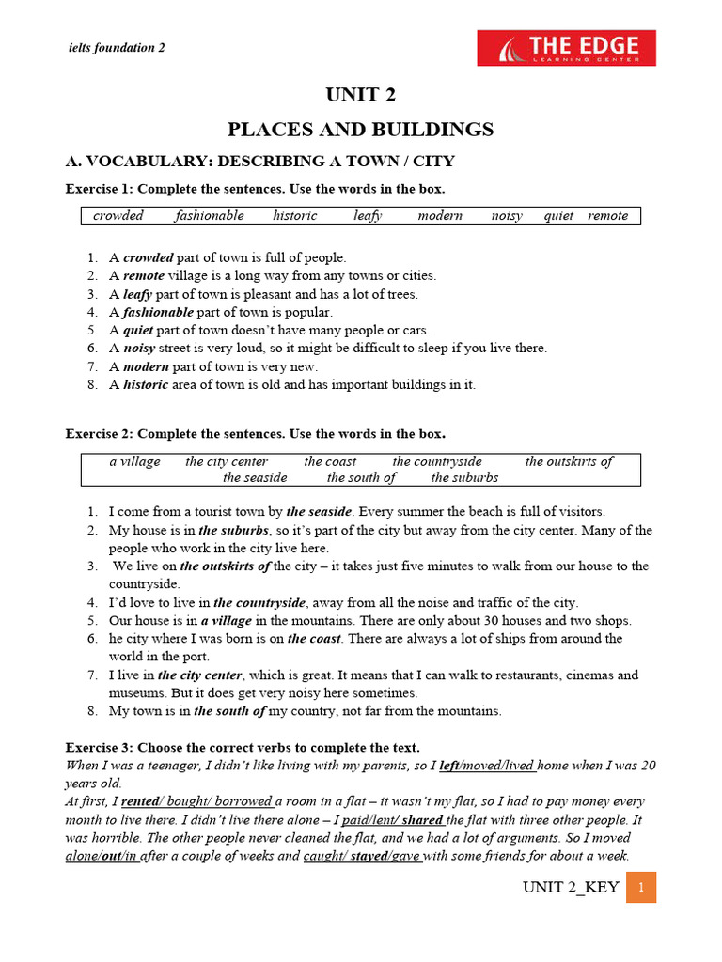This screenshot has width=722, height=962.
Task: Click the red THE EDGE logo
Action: (x=566, y=48)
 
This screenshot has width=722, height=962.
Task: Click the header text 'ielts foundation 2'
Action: (x=118, y=48)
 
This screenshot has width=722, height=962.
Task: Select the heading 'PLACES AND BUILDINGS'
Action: (x=360, y=130)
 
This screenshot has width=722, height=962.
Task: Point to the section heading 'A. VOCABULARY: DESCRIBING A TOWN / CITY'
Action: (x=259, y=162)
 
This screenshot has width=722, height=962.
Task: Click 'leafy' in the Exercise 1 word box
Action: (x=368, y=215)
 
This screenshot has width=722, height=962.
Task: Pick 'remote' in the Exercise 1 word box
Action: (x=607, y=215)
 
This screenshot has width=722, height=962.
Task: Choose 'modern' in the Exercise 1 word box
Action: (x=440, y=215)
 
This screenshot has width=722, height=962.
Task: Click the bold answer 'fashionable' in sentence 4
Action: (x=158, y=312)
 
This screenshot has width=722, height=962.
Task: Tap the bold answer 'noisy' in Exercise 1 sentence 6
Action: (x=139, y=348)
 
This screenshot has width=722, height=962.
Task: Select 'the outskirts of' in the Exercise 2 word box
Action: (x=569, y=461)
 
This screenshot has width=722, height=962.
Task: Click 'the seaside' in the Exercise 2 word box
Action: (x=255, y=477)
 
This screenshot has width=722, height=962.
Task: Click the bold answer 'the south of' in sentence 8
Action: (x=229, y=711)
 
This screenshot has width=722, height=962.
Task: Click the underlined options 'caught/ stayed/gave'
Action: (x=362, y=856)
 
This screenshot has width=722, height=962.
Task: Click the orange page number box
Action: (x=640, y=887)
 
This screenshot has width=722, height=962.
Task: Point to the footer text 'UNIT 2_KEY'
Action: (x=571, y=888)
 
